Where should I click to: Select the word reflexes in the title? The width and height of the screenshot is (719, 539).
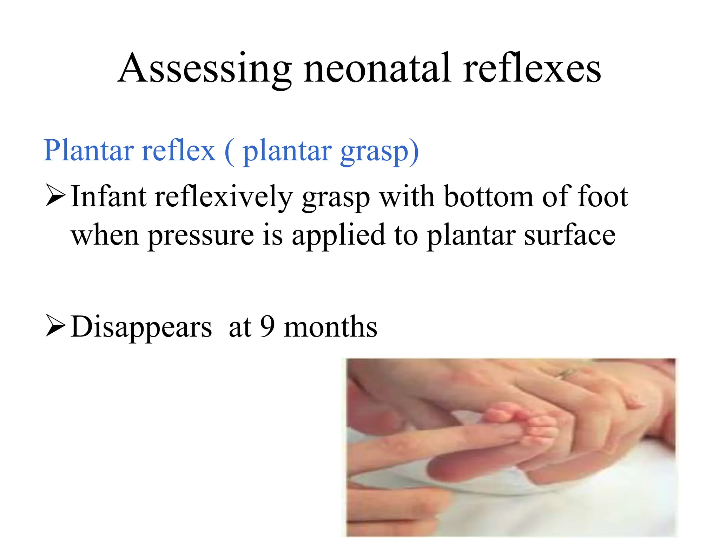[x=532, y=68]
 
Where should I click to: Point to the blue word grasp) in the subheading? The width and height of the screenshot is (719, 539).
[x=380, y=152]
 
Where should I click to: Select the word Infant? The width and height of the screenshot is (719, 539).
[x=108, y=197]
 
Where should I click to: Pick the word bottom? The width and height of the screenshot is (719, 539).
[x=488, y=197]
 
